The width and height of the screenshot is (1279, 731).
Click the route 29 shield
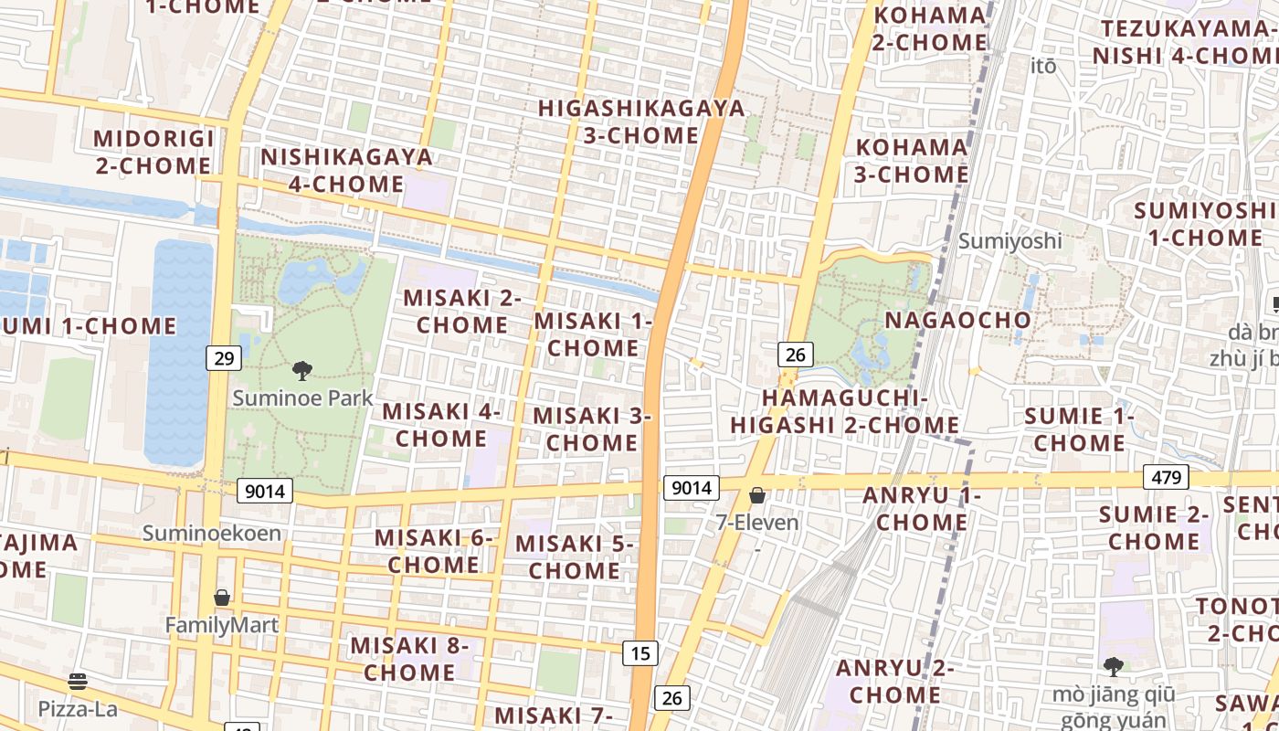click(x=224, y=358)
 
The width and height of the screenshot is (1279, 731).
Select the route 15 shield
click(x=641, y=652)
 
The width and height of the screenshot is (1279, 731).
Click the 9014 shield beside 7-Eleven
click(x=691, y=488)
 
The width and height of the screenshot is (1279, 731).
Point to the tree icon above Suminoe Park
click(x=302, y=370)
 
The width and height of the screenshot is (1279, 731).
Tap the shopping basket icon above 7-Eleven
click(x=757, y=496)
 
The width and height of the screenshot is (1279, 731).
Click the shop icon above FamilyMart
click(x=222, y=598)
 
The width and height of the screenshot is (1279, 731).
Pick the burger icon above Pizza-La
click(x=78, y=681)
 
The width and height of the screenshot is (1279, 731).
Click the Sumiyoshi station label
click(x=1010, y=241)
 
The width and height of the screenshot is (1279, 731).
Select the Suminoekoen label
click(x=212, y=533)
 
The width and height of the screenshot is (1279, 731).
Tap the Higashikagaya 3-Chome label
click(x=641, y=122)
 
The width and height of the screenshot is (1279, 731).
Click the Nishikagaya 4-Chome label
click(x=346, y=170)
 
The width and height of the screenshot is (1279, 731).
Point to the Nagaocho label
click(x=957, y=320)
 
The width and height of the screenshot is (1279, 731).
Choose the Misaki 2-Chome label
click(x=462, y=311)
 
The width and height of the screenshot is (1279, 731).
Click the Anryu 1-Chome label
click(x=922, y=509)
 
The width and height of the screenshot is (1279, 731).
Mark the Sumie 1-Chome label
click(x=1079, y=429)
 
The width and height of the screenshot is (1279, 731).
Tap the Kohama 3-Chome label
click(x=912, y=160)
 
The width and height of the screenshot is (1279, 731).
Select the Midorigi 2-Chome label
click(x=153, y=152)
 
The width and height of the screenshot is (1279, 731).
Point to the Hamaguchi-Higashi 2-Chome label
click(x=845, y=411)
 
